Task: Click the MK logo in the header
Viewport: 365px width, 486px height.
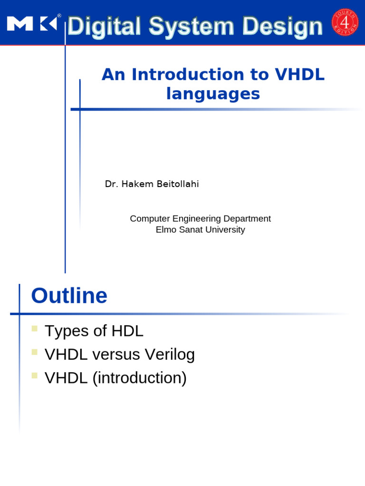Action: point(32,23)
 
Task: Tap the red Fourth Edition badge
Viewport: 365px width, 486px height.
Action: point(345,22)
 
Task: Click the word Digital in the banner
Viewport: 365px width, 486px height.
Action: point(104,27)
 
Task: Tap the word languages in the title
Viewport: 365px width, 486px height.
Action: point(213,94)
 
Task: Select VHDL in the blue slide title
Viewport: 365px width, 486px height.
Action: point(299,75)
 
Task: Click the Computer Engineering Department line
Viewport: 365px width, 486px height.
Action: point(200,219)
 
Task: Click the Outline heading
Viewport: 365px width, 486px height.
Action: point(69,296)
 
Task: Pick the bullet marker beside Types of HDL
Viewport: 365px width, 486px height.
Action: point(34,328)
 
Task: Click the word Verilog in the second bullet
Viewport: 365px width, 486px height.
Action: point(170,355)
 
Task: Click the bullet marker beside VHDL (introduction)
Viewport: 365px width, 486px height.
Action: point(34,375)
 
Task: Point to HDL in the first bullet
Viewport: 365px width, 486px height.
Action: point(127,331)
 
